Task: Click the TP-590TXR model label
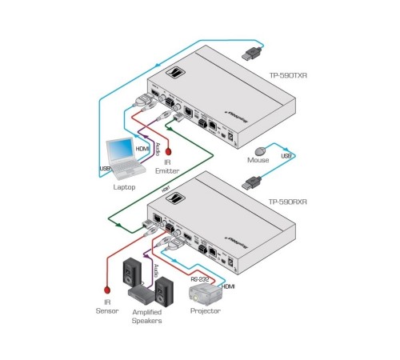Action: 290,75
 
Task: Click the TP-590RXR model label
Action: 290,203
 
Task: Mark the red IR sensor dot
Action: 106,290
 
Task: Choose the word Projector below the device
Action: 205,312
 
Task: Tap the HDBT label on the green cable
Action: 166,189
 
